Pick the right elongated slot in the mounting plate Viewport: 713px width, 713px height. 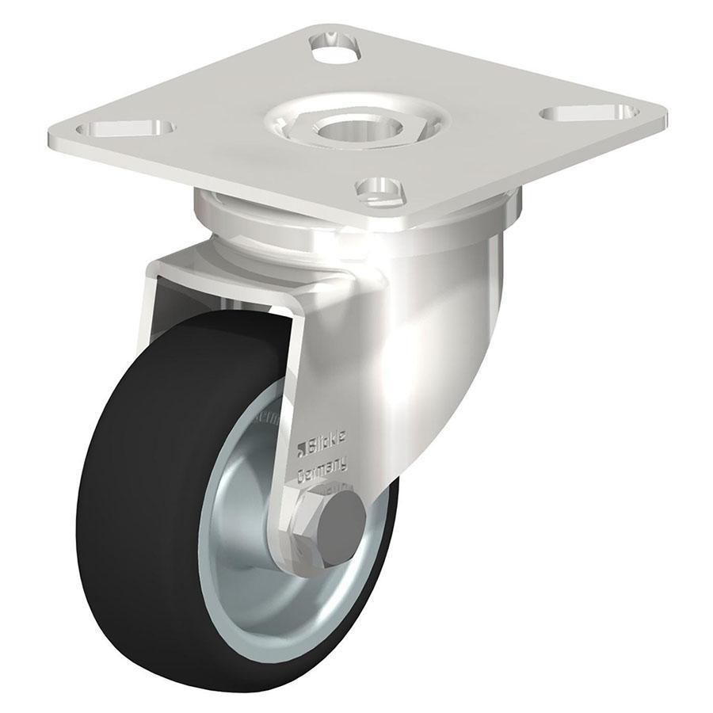tap(589, 112)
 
